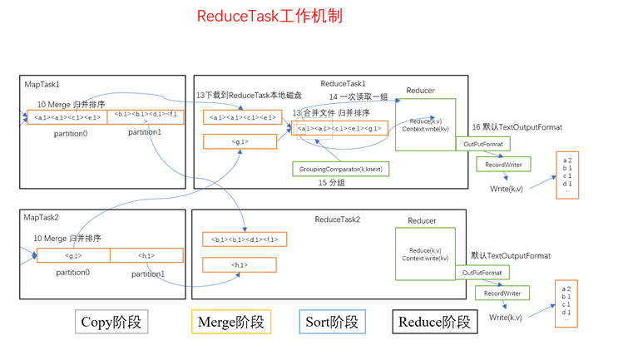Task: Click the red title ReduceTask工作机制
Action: click(269, 16)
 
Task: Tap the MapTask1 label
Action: click(42, 85)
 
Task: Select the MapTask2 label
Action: click(42, 218)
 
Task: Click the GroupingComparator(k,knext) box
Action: click(341, 169)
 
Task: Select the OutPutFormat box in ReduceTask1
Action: click(482, 144)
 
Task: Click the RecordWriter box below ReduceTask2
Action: click(502, 293)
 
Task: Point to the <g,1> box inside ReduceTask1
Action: click(240, 142)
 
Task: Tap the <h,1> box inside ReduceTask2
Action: click(240, 265)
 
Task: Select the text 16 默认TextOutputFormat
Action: click(517, 127)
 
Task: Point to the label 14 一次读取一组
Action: click(358, 97)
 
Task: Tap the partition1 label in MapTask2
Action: click(146, 274)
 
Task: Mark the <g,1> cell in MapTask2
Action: click(73, 256)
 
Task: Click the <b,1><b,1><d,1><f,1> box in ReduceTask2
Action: click(245, 239)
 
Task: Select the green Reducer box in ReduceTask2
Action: click(425, 254)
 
